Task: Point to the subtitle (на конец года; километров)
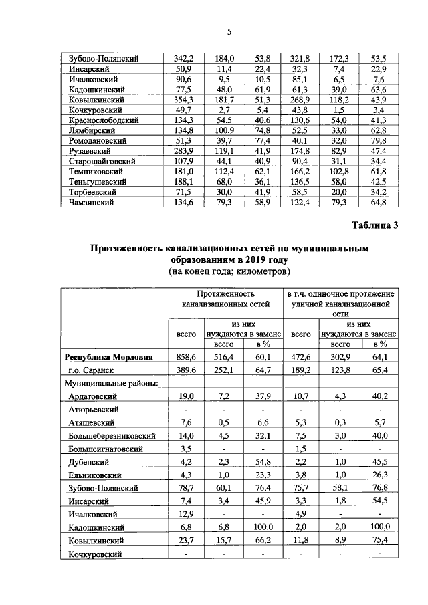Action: click(229, 273)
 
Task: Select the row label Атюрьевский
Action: click(94, 409)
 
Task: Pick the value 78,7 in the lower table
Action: click(185, 488)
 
